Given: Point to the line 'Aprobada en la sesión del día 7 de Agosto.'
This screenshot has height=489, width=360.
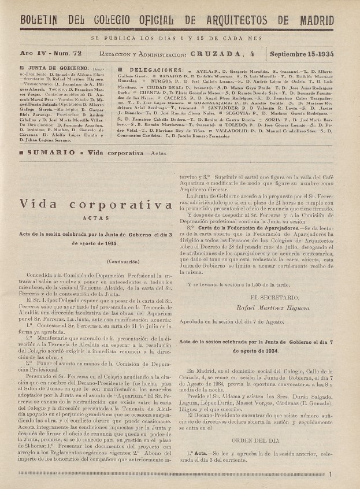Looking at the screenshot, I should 232,321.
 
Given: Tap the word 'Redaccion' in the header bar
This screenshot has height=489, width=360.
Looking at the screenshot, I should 117,54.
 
